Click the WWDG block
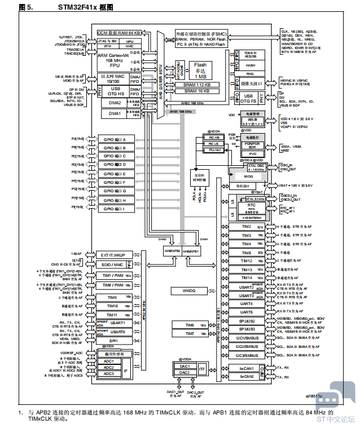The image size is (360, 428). click(x=188, y=290)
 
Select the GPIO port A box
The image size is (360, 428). click(x=118, y=139)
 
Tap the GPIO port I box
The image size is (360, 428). click(x=118, y=209)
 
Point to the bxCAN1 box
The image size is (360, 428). click(x=246, y=368)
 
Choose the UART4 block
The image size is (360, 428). click(x=246, y=303)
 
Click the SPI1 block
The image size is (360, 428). click(x=113, y=341)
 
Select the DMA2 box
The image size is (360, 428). click(x=115, y=103)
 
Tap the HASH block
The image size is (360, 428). click(x=249, y=65)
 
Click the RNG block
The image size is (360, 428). click(x=249, y=74)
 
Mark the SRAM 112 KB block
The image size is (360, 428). click(x=196, y=85)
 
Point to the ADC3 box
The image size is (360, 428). click(x=109, y=374)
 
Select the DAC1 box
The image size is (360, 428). click(x=184, y=367)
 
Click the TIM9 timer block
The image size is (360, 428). click(x=112, y=297)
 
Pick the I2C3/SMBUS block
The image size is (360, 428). click(x=246, y=356)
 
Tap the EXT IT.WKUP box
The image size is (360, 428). click(x=115, y=255)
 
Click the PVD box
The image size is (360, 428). click(x=253, y=153)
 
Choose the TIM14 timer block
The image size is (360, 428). click(x=246, y=278)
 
